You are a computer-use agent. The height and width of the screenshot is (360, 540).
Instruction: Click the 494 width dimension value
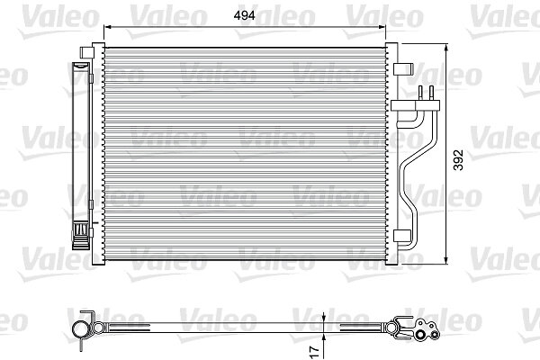pos(244,15)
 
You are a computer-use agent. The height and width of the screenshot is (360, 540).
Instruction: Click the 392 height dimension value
pos(458,159)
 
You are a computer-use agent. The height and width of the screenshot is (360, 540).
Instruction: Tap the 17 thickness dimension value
pos(315,351)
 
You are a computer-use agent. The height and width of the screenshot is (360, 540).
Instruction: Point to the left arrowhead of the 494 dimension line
pos(107,26)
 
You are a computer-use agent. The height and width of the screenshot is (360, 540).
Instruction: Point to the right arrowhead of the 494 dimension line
pos(382,26)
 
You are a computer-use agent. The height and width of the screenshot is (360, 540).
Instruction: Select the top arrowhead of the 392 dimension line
pos(446,48)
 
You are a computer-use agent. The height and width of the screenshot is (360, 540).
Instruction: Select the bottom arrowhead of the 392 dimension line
pos(446,260)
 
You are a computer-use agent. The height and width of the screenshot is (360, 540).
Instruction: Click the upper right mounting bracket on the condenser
pos(403,69)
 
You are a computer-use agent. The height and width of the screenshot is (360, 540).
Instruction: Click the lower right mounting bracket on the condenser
pos(402,236)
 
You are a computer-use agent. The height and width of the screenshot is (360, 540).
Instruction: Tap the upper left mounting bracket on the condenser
pos(86,52)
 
